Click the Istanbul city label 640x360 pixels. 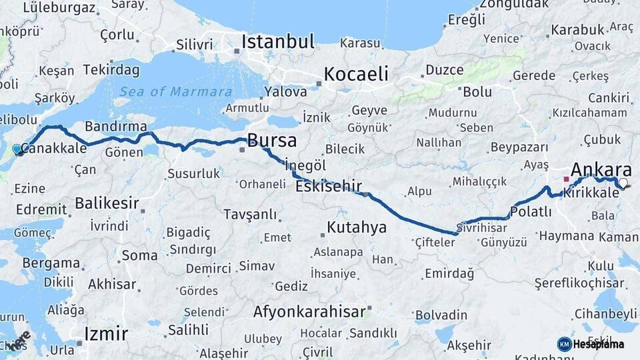click(277, 41)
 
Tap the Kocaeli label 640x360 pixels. click(356, 73)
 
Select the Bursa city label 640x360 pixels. click(271, 140)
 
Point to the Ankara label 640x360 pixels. click(601, 169)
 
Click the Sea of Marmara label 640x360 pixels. click(176, 92)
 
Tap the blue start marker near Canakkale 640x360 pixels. click(17, 149)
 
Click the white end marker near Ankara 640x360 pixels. click(623, 183)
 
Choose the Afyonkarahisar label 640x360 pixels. click(309, 311)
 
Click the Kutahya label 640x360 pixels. click(356, 227)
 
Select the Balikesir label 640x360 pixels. click(107, 203)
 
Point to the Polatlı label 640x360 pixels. click(531, 212)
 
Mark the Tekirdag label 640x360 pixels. click(111, 70)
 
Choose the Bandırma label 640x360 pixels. click(116, 126)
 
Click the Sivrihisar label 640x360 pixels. click(482, 227)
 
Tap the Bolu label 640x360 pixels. click(477, 91)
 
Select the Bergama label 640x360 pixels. click(51, 263)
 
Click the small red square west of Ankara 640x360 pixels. click(566, 179)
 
